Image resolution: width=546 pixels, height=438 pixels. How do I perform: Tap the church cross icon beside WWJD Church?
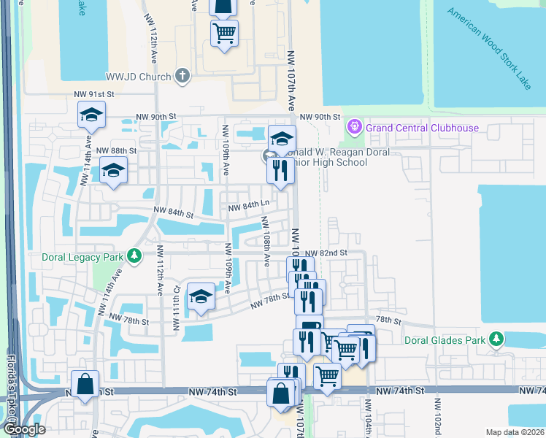click(x=182, y=76)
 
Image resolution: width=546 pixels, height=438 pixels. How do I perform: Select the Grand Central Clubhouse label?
click(x=423, y=128)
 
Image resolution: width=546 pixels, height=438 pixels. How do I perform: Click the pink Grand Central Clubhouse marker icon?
click(x=355, y=127)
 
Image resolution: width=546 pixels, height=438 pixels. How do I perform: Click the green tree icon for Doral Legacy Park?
click(x=134, y=255)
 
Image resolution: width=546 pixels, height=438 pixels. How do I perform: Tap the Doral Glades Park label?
click(x=447, y=339)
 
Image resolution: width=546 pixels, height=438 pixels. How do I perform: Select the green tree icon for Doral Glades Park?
click(x=496, y=339)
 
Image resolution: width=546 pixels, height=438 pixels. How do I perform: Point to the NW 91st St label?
click(x=95, y=94)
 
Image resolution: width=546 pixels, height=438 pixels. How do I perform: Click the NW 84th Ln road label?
click(x=249, y=207)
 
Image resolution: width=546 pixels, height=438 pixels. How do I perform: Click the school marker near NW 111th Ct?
click(x=201, y=297)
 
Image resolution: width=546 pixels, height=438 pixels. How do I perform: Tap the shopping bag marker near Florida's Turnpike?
click(x=85, y=384)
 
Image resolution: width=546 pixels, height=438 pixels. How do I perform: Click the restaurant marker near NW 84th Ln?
click(x=280, y=172)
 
